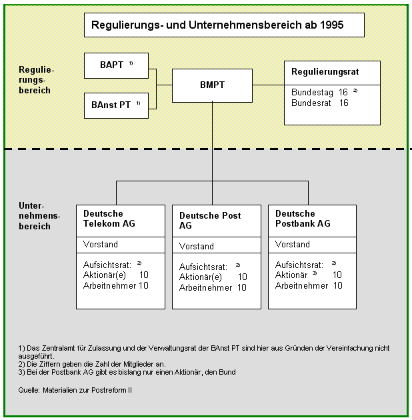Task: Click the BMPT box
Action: tap(212, 85)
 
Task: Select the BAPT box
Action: tap(116, 65)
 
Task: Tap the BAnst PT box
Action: tap(116, 105)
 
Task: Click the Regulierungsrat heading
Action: tap(325, 72)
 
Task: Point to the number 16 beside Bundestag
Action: tap(343, 92)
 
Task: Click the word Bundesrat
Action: tap(311, 103)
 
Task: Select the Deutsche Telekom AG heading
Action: tap(109, 218)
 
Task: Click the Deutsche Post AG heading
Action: tap(210, 221)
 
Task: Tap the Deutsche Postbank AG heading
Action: tap(303, 218)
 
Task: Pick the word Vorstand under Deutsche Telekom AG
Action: tap(101, 244)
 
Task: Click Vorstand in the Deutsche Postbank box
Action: tap(293, 244)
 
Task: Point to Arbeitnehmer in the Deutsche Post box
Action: tap(205, 288)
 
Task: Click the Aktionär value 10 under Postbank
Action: tap(337, 275)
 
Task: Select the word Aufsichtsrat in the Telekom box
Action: tap(107, 265)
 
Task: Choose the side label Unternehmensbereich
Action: tap(39, 216)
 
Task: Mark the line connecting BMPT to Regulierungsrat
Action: tap(269, 85)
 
